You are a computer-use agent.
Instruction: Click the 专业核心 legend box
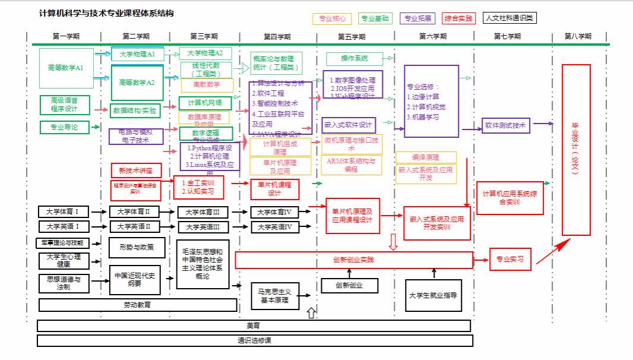click(x=332, y=18)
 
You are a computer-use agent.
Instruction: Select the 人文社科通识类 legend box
click(x=509, y=18)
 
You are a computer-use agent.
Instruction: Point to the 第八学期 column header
click(x=578, y=36)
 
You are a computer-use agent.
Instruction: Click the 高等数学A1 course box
click(x=66, y=68)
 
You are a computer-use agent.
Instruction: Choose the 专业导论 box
click(x=64, y=127)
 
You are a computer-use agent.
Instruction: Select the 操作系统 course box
click(x=354, y=59)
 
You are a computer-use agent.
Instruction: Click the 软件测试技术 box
click(x=505, y=125)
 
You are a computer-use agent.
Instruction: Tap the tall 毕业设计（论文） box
click(x=575, y=150)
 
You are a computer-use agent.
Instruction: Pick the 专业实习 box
click(x=510, y=260)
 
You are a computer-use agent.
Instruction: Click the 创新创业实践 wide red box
click(x=354, y=260)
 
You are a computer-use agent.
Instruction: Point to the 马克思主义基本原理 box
click(x=274, y=296)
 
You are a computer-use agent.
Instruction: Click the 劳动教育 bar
click(x=137, y=305)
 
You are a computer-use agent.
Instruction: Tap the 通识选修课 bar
click(x=254, y=341)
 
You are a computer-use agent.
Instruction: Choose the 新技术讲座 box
click(x=136, y=170)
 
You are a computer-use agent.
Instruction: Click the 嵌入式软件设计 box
click(x=349, y=125)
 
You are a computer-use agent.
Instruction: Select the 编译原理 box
click(x=426, y=157)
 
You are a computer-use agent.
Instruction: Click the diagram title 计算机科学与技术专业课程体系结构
click(x=106, y=14)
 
